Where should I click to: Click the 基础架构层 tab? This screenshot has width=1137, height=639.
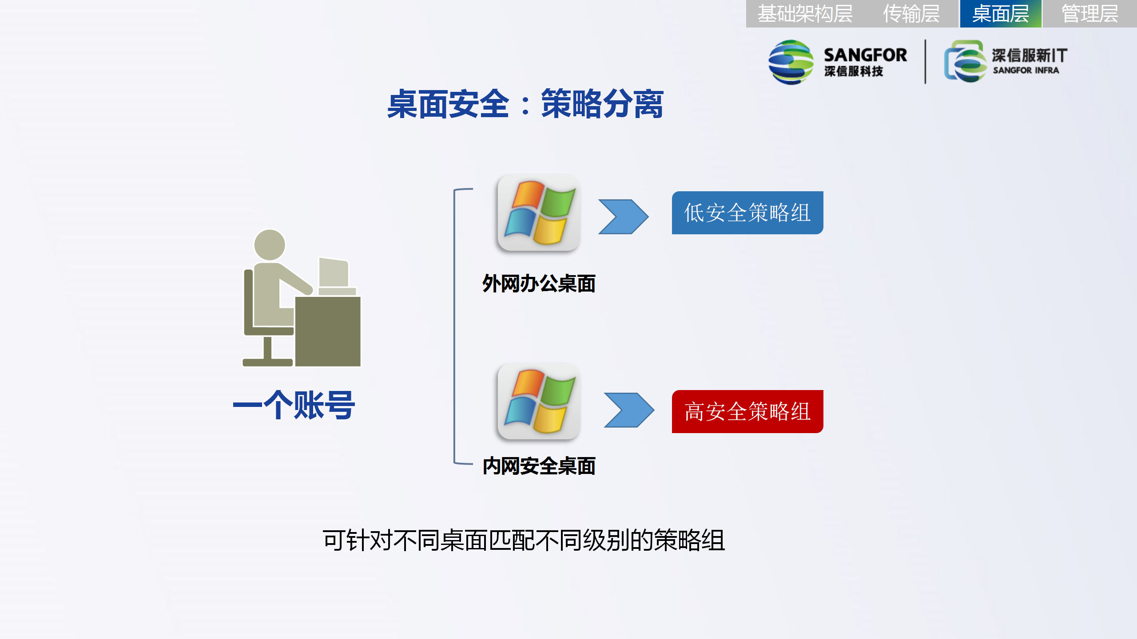pos(805,14)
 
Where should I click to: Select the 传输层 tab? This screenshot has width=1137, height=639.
pos(911,14)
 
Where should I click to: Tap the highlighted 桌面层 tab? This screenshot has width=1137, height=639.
pos(1001,14)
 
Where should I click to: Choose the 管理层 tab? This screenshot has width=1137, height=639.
pos(1089,14)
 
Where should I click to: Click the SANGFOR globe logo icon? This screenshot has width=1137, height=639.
pos(791,62)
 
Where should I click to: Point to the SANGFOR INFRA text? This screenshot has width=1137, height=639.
pos(1026,70)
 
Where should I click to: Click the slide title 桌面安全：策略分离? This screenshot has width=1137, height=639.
pos(525,104)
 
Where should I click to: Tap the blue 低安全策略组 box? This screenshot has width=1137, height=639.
pos(747,213)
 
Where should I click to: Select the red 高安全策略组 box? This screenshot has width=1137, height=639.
pos(747,411)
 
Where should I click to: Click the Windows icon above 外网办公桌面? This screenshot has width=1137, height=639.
pos(539,213)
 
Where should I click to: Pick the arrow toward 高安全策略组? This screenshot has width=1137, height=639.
pos(629,410)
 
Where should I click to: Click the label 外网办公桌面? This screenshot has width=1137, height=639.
pos(539,284)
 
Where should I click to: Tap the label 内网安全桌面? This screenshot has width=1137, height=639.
pos(539,466)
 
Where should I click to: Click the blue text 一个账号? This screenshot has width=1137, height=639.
pos(294,405)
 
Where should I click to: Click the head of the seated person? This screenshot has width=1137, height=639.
pos(270,245)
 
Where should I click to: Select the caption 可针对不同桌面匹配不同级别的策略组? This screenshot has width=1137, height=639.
pos(524,540)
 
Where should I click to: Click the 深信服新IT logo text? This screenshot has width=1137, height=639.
pos(1030,55)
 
